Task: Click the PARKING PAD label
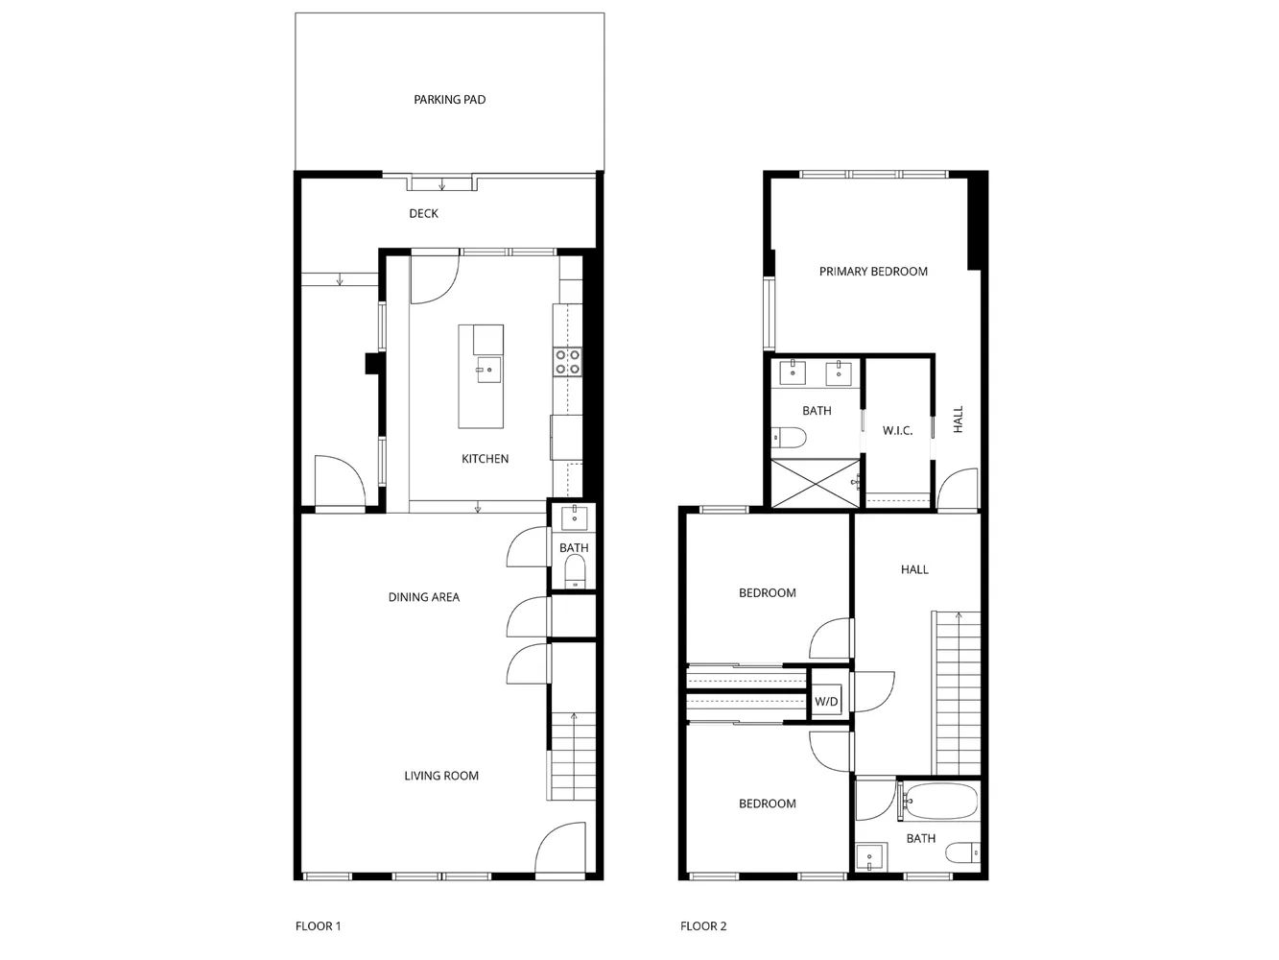[x=449, y=100]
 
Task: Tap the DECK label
[x=423, y=213]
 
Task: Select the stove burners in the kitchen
[x=567, y=361]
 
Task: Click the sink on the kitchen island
[x=486, y=369]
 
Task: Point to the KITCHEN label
[x=485, y=459]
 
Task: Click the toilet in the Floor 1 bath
[x=574, y=573]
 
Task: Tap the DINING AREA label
[x=423, y=597]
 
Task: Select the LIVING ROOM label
[x=440, y=776]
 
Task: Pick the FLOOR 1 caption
[x=318, y=926]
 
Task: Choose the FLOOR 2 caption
[x=703, y=926]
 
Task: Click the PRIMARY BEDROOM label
[x=873, y=272]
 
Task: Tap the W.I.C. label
[x=897, y=431]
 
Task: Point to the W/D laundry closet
[x=826, y=702]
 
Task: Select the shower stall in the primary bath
[x=815, y=482]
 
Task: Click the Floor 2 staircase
[x=958, y=691]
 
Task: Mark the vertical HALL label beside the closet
[x=958, y=420]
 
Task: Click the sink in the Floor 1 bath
[x=574, y=517]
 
